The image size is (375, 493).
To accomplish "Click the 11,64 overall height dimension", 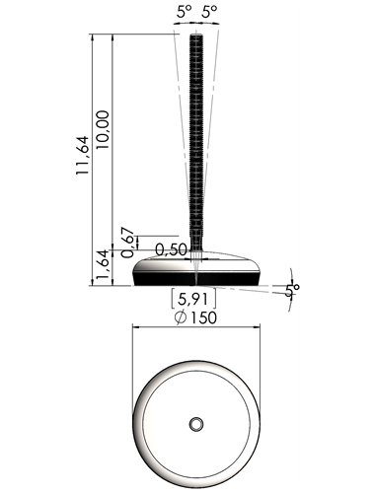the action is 83,155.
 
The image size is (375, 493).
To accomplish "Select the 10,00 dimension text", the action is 103,130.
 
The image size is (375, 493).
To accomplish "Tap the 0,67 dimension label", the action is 128,243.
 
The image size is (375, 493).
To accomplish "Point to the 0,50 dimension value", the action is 171,249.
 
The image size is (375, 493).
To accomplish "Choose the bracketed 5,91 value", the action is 193,299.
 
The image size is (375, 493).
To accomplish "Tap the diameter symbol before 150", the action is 181,317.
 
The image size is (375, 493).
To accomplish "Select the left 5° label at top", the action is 184,13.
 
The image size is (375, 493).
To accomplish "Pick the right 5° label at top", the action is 209,13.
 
